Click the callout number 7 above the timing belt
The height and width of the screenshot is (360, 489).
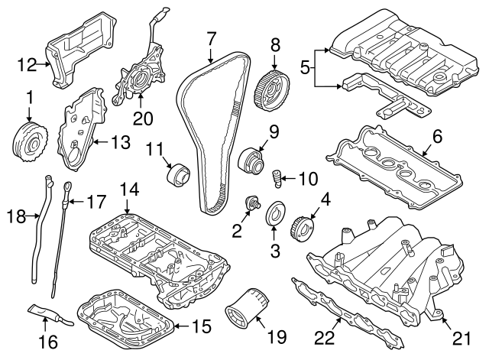pos(211,37)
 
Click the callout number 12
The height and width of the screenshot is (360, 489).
pos(27,65)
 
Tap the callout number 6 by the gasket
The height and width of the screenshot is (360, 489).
pos(437,135)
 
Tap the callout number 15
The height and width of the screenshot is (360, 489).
pos(199,327)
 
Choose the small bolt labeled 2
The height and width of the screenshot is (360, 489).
pos(250,203)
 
